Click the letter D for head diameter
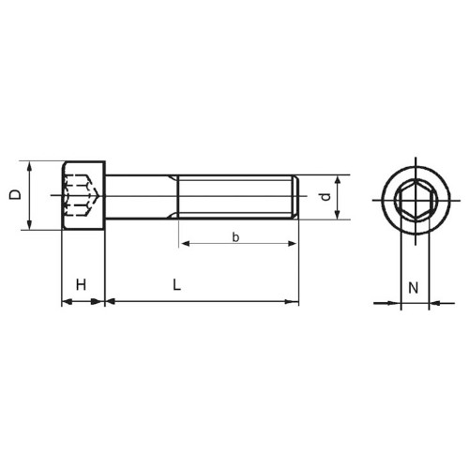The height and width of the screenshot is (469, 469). tap(15, 194)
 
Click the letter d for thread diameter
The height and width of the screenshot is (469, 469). tap(325, 197)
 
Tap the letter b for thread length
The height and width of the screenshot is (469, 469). tap(235, 237)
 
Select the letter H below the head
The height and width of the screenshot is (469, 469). tap(81, 285)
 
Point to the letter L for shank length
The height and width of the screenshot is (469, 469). tap(177, 285)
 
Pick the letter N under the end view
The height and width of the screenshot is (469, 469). tap(413, 288)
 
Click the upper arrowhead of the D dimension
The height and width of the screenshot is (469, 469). tap(29, 166)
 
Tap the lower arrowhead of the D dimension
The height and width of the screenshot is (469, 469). tap(29, 224)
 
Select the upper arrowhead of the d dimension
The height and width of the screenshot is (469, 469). tap(337, 180)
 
